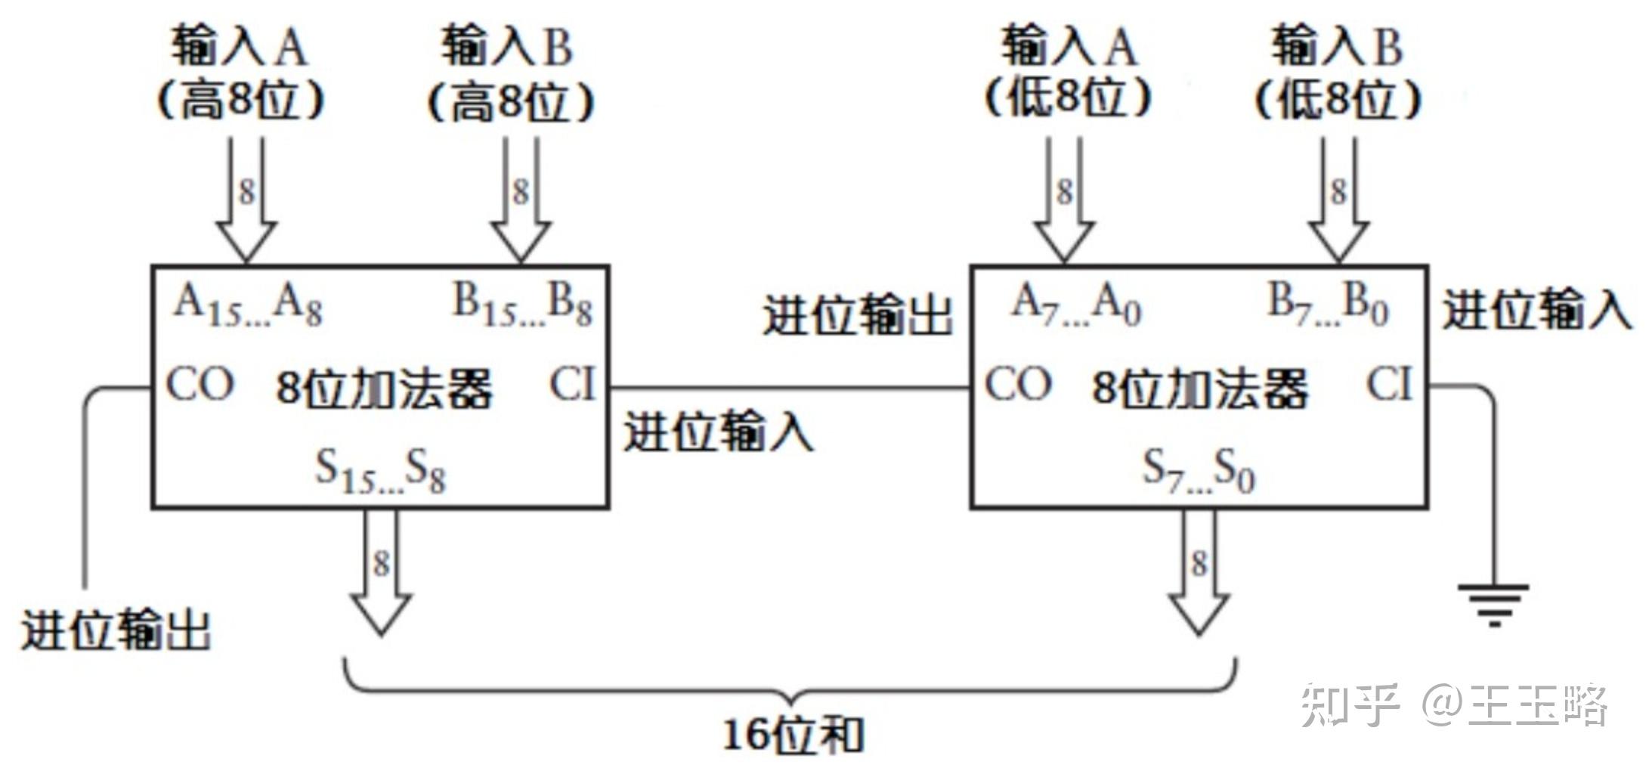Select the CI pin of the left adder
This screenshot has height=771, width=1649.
572,384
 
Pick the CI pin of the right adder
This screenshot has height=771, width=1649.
1389,384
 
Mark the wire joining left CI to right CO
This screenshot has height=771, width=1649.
790,389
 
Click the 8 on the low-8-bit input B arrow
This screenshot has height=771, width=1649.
1338,191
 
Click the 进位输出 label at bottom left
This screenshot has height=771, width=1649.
115,630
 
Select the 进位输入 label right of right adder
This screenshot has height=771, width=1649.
1537,310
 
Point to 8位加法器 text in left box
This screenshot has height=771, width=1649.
384,389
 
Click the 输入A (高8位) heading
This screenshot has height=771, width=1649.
240,72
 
